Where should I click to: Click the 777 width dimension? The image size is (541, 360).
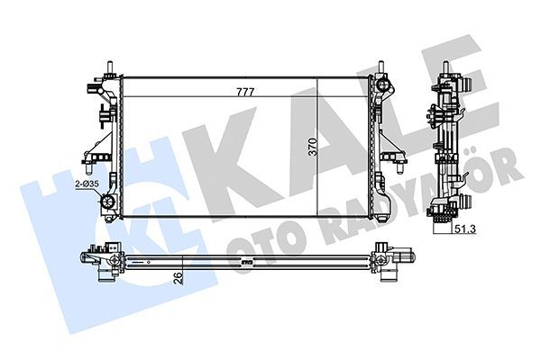click(x=245, y=90)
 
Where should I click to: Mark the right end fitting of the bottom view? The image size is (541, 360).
click(x=394, y=260)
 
